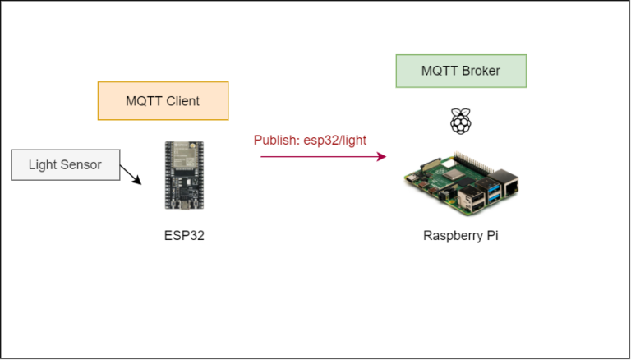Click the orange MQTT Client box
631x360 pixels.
coord(163,101)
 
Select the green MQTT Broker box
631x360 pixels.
coord(460,71)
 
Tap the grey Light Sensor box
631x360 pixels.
coord(65,164)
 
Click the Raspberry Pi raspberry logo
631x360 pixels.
coord(460,121)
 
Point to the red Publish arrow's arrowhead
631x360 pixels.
coord(381,156)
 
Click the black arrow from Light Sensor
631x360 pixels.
coord(130,173)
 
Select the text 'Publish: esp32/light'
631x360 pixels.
coord(310,140)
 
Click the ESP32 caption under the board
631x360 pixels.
coord(184,235)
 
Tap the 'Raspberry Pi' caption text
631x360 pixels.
coord(460,235)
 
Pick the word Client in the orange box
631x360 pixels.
coord(182,101)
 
